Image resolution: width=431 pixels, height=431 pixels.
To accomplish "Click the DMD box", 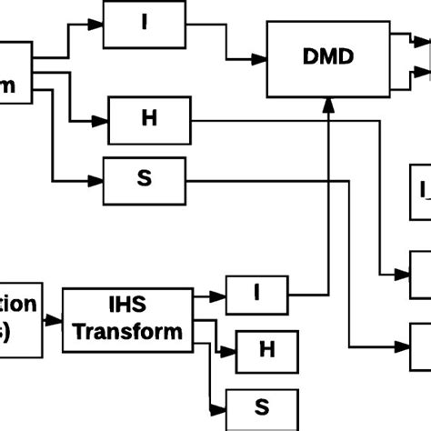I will point(326,58).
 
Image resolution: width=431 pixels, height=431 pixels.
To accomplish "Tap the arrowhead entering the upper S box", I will point(97,178).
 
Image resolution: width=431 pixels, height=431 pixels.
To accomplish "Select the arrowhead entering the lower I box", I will point(220,295).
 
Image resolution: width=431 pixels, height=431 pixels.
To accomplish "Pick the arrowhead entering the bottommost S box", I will point(220,406).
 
